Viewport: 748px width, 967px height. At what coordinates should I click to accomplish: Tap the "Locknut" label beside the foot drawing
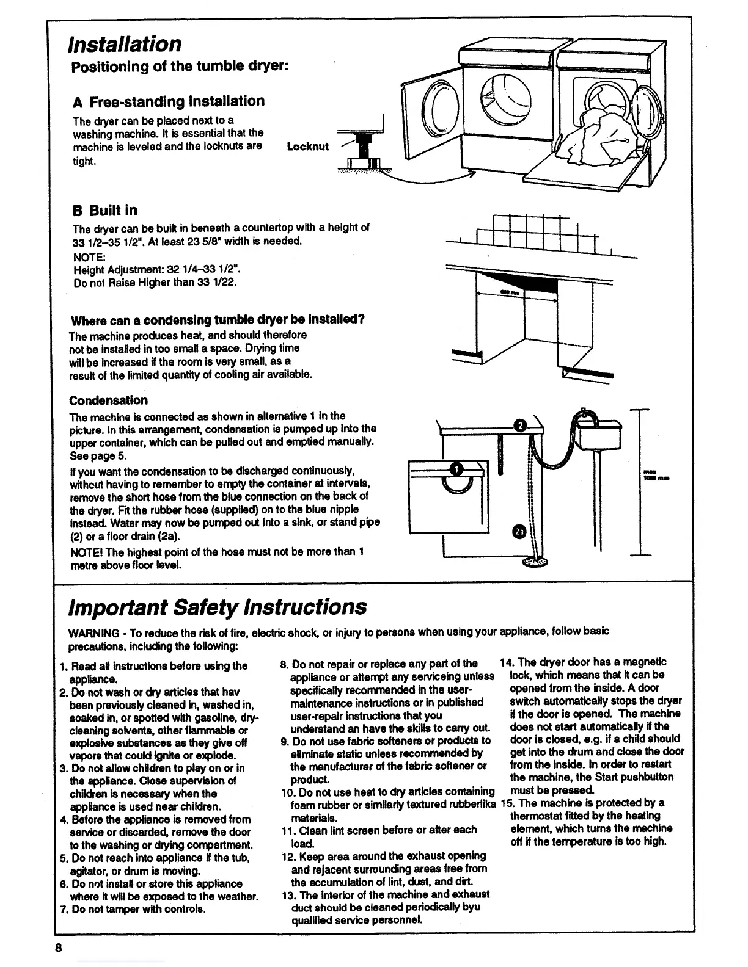click(307, 147)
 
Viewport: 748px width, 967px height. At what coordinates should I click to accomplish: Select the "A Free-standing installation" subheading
click(169, 101)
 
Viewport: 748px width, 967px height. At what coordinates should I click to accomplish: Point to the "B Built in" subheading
click(105, 211)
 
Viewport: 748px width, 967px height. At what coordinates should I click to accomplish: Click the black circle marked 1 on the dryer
click(457, 469)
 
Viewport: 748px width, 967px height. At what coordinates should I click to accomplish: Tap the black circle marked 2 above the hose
click(520, 426)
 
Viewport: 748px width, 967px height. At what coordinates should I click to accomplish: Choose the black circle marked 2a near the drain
click(519, 531)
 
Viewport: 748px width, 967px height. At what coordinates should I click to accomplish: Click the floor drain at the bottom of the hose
click(536, 562)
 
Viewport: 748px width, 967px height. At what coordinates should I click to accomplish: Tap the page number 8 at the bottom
click(58, 948)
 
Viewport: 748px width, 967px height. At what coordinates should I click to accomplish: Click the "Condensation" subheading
click(108, 400)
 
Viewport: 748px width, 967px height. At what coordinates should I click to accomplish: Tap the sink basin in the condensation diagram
click(599, 431)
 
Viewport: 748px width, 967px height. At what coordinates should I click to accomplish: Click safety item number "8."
click(285, 664)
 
